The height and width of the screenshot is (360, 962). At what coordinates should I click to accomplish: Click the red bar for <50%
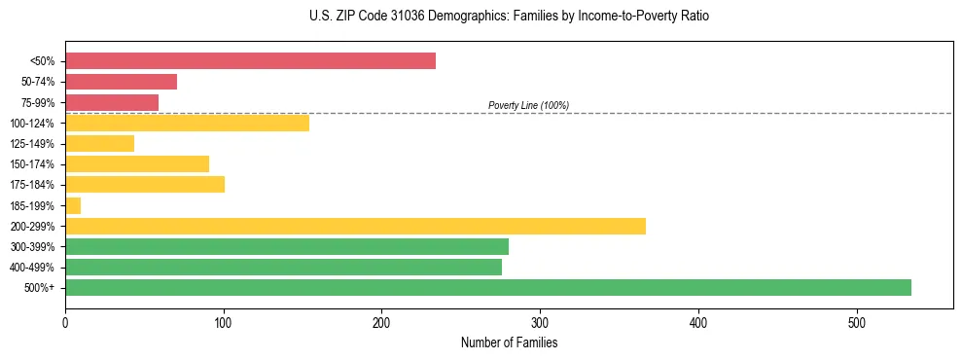point(250,61)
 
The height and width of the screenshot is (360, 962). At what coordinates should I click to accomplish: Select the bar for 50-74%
point(121,82)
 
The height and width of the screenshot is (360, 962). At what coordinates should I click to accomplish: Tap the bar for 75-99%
point(112,102)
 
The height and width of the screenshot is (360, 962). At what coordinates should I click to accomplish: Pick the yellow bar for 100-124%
point(187,123)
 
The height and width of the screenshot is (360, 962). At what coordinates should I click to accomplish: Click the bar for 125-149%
point(99,143)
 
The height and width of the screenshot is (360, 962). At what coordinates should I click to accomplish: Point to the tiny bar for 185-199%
point(73,205)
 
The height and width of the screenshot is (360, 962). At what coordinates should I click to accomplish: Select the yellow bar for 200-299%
point(355,226)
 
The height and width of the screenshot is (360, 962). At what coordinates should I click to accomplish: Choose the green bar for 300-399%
point(287,246)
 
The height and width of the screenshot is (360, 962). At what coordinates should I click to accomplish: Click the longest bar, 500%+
point(487,287)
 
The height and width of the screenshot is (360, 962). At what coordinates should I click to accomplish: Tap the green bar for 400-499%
point(283,267)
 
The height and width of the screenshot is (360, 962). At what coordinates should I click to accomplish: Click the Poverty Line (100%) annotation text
point(528,105)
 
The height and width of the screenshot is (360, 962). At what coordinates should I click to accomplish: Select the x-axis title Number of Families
point(509,342)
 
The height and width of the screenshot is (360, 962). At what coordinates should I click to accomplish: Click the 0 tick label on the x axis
point(65,322)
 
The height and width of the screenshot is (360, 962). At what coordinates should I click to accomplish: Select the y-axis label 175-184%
point(32,185)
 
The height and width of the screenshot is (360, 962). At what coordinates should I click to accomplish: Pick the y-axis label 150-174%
point(32,164)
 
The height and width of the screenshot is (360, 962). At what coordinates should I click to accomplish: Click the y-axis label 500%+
point(40,288)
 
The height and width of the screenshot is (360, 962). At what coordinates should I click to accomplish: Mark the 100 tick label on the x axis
point(224,322)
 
